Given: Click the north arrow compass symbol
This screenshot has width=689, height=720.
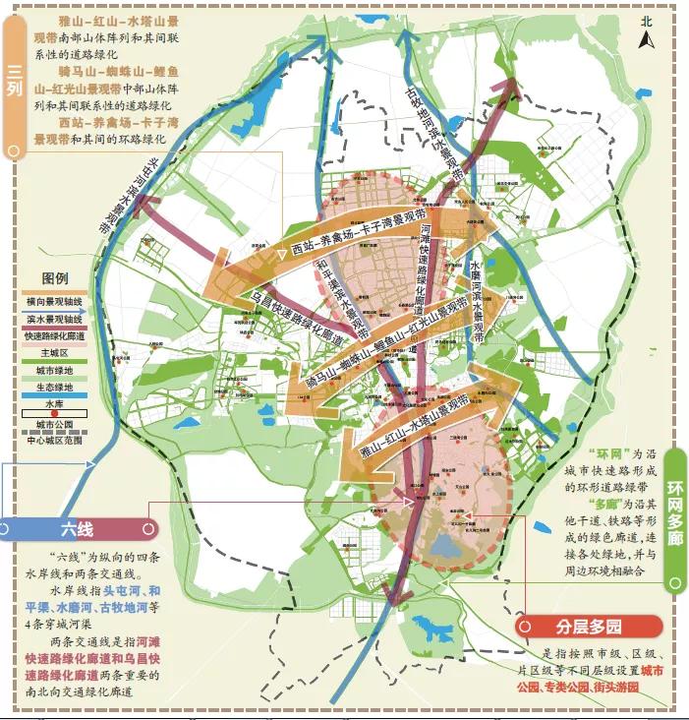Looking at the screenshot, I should (x=647, y=40).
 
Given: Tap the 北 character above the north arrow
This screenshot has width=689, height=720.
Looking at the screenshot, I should (x=647, y=21).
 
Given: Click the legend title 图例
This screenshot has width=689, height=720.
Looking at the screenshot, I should (x=54, y=278).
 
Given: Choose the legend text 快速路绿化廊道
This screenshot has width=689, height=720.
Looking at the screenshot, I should (x=54, y=334).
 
